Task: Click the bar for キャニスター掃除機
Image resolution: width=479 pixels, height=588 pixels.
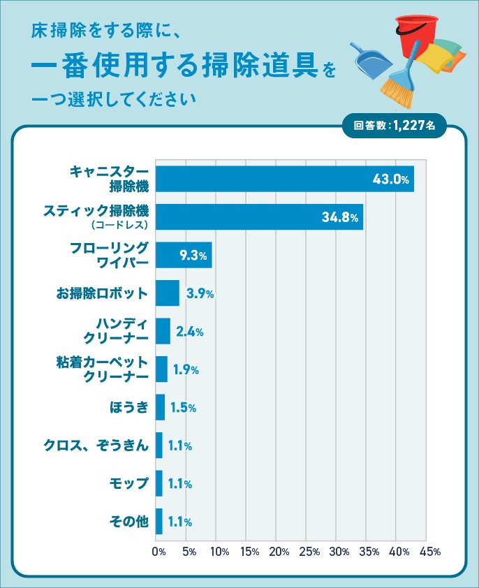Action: (284, 179)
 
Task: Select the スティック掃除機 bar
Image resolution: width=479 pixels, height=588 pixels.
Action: (259, 217)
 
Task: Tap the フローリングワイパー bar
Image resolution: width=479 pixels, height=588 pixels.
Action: (183, 255)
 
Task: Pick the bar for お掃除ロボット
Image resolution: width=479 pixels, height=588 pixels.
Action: (167, 293)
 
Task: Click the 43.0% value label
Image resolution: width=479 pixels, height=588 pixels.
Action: (390, 179)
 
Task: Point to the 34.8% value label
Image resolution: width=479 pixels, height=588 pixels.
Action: (340, 218)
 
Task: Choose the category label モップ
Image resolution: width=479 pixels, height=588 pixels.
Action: (128, 483)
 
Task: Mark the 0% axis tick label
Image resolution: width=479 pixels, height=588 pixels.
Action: (159, 552)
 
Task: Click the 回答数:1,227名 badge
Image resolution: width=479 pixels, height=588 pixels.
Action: (394, 126)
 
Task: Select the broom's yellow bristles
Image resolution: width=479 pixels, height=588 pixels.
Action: (395, 91)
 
